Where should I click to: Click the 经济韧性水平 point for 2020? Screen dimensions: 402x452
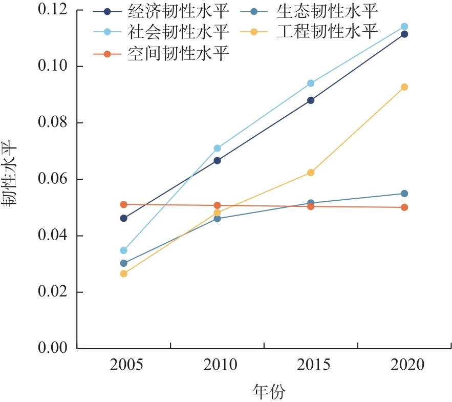[404, 34]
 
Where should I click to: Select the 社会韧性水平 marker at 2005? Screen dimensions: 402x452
[123, 250]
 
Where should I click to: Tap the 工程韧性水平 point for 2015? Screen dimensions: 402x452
[311, 173]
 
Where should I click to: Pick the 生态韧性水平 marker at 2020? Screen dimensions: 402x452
[404, 194]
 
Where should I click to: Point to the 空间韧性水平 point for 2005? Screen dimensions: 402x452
[123, 204]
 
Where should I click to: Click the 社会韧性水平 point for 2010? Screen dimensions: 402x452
[217, 148]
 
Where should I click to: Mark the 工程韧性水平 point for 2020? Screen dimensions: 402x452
[404, 87]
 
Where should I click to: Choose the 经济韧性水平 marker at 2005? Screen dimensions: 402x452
[123, 218]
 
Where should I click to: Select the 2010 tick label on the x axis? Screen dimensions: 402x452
[221, 365]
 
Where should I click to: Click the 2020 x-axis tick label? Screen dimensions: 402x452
[407, 365]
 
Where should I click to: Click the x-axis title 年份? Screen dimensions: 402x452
[269, 392]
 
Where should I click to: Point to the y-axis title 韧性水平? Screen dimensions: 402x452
[11, 174]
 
